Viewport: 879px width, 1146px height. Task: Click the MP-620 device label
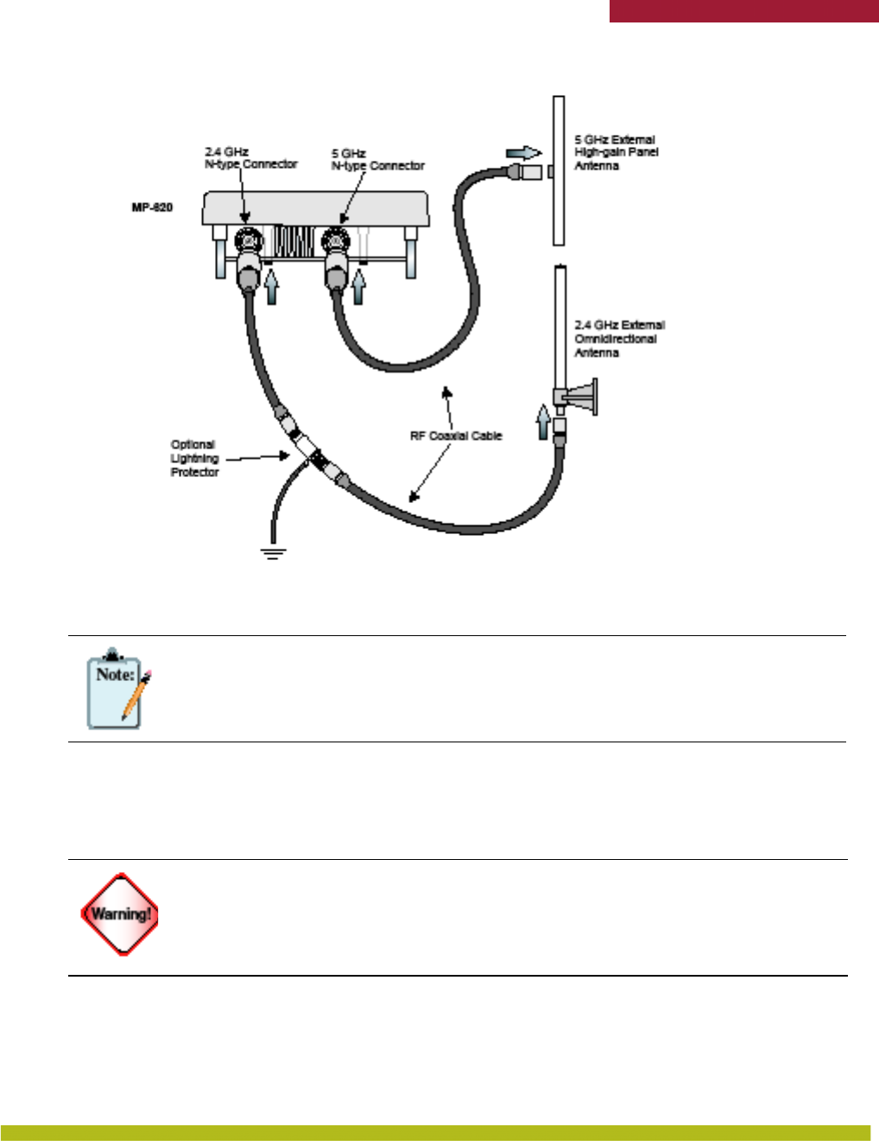(152, 207)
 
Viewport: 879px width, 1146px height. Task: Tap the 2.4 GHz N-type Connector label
(250, 157)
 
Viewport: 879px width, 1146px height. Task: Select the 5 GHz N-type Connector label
(377, 159)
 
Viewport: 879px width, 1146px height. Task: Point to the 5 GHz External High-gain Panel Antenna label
(616, 152)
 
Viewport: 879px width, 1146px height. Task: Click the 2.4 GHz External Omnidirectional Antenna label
(619, 339)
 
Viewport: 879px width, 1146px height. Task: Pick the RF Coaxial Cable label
(455, 436)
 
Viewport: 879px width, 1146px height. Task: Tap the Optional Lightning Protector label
(194, 459)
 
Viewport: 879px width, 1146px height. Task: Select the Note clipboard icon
(114, 688)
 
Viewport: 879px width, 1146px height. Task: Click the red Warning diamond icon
(120, 914)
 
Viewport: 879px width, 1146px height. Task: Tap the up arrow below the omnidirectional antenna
(543, 422)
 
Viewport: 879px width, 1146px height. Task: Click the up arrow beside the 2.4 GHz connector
(273, 286)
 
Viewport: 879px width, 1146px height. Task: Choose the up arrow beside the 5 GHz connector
(358, 286)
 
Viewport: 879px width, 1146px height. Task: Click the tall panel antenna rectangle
(559, 170)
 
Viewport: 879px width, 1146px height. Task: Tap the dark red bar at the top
(743, 10)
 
